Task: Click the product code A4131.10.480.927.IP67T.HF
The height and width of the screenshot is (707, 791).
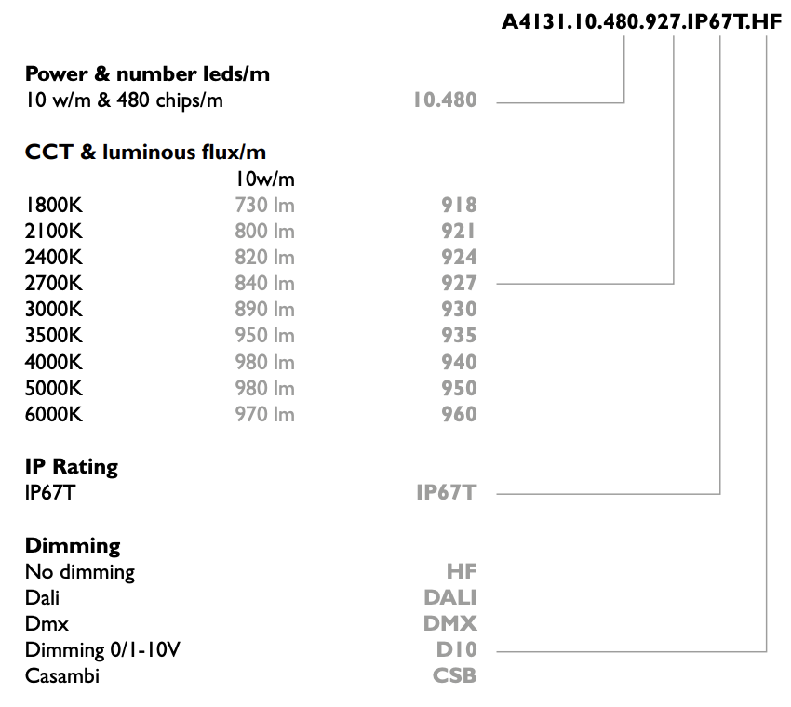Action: (642, 22)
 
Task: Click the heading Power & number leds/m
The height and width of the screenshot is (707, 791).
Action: (147, 74)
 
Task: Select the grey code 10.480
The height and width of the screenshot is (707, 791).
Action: (445, 100)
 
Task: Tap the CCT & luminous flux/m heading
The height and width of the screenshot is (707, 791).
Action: (145, 153)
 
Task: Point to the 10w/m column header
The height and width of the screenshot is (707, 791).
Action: (265, 179)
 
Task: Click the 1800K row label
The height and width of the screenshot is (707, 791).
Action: (53, 206)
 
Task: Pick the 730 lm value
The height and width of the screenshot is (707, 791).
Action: (265, 206)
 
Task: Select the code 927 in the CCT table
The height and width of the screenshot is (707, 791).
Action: (459, 284)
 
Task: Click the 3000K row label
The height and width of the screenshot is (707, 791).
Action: (53, 309)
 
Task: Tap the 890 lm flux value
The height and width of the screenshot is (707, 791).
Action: (265, 309)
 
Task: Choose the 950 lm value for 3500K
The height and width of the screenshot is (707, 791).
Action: (265, 335)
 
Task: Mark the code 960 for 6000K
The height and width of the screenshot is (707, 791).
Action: (459, 414)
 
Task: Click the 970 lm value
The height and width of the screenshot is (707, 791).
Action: (265, 414)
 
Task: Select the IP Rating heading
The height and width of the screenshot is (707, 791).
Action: (72, 466)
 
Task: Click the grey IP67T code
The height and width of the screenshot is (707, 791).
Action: (447, 493)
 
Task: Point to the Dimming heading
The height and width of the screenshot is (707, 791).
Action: (73, 546)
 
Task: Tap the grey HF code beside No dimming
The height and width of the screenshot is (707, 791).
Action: (462, 571)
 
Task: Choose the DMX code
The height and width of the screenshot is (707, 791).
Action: (450, 624)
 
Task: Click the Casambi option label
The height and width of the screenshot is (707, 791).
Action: (62, 675)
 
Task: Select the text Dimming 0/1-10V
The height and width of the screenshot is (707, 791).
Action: (102, 649)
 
